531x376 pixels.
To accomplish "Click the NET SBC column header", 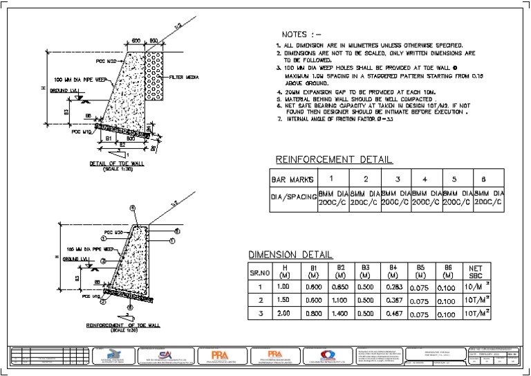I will (x=476, y=271).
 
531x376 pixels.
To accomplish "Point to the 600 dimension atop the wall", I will (x=136, y=40).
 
